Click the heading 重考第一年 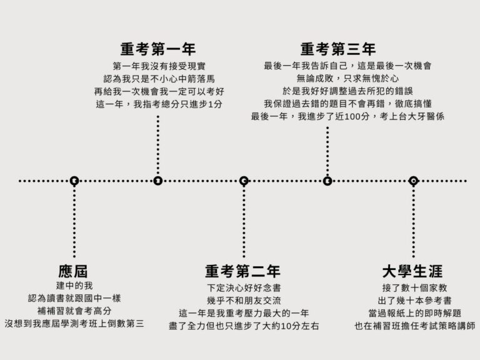tap(158, 49)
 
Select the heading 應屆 tap(73, 272)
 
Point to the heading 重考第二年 tap(242, 272)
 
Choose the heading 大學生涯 tap(412, 272)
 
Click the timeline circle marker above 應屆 tap(74, 181)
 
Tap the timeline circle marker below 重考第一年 tap(157, 181)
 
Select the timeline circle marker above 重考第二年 tap(244, 181)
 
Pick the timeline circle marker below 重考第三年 tap(327, 181)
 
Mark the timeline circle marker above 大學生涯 tap(413, 181)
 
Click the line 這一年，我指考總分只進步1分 tap(159, 104)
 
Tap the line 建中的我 tap(74, 287)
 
